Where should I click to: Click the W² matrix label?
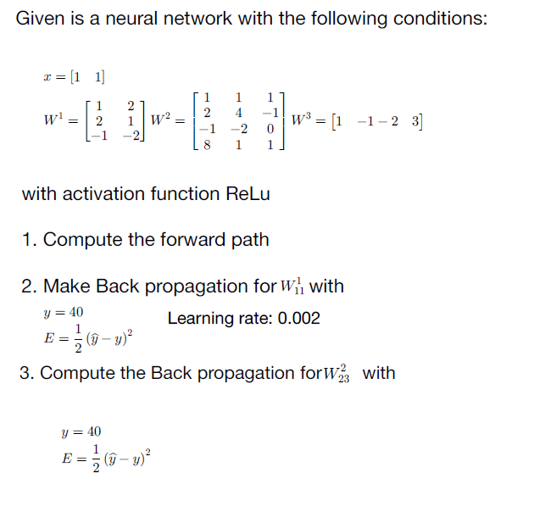[162, 121]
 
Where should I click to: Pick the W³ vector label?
[301, 121]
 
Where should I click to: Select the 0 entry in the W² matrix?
[270, 129]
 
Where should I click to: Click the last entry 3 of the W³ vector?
[415, 121]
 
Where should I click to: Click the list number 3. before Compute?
[27, 373]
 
